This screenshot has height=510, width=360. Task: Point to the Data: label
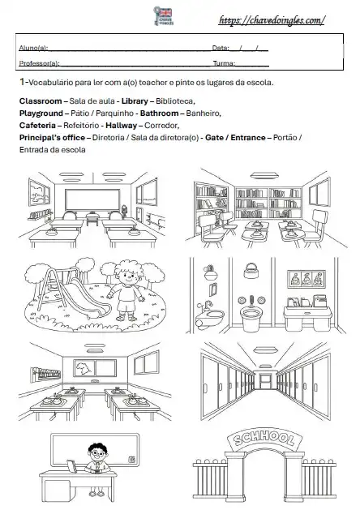(x=221, y=49)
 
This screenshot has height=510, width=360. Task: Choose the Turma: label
(x=224, y=63)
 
